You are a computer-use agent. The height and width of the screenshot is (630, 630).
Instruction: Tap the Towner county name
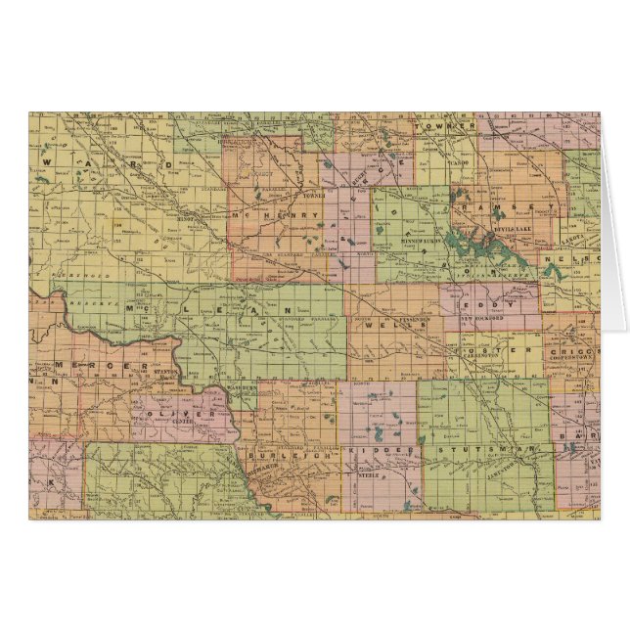click(429, 126)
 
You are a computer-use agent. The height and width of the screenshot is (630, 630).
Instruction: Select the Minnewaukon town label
click(423, 238)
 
